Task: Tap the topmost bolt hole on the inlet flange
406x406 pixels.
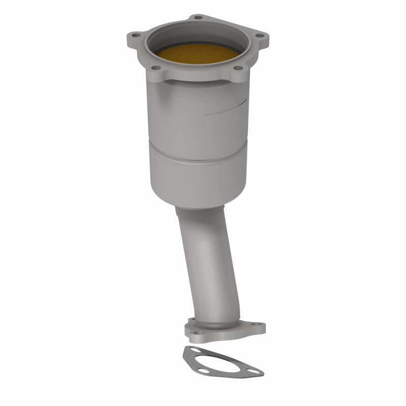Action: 198,17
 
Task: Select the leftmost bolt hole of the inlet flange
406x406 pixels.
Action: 136,36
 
